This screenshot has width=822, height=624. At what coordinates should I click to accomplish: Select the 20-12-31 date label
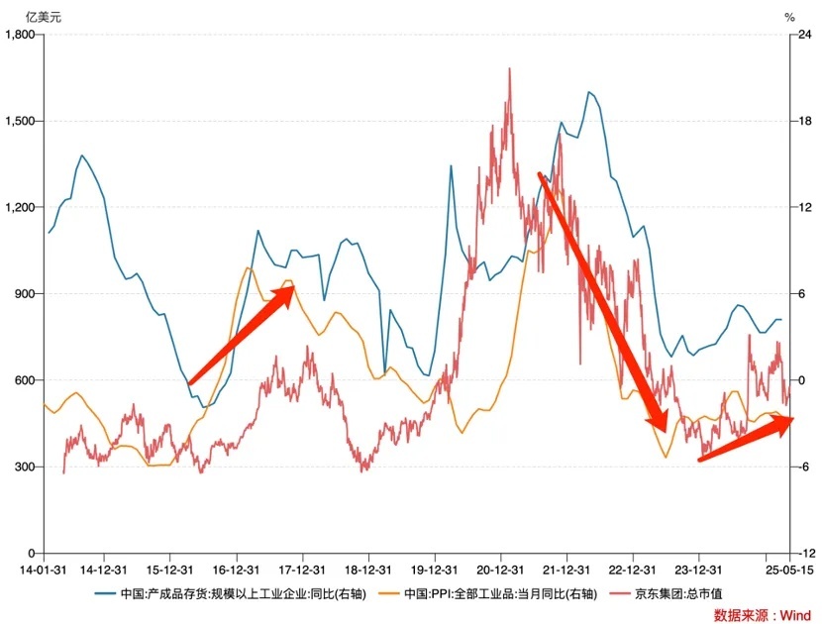[499, 570]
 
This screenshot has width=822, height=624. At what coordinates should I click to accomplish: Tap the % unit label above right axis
[789, 16]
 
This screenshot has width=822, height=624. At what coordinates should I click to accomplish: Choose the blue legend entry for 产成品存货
[227, 594]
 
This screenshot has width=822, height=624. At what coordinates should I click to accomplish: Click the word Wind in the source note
[795, 615]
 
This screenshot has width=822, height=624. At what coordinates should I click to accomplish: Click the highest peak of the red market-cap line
[510, 68]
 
